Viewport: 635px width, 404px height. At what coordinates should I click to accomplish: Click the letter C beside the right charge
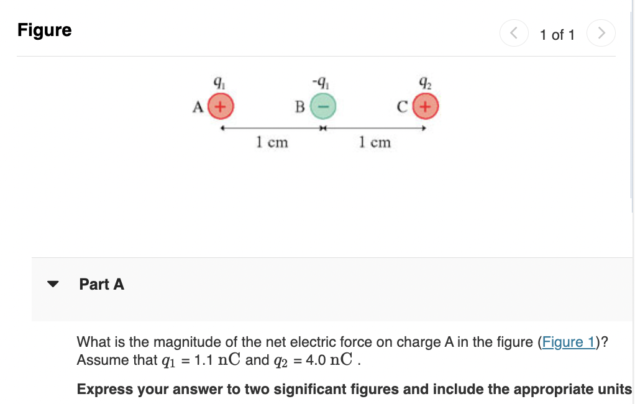coord(403,107)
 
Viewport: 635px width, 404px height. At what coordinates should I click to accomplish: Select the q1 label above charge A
coord(218,81)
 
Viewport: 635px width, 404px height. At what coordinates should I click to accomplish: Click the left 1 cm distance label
coord(272,142)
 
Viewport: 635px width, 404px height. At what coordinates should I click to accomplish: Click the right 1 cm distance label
coord(375,142)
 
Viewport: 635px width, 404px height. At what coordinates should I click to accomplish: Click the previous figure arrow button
coord(514,33)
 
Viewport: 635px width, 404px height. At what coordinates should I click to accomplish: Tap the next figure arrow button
coord(601,33)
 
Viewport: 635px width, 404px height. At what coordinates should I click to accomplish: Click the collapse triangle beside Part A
coord(53,285)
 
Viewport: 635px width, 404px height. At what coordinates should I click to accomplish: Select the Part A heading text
coord(102,284)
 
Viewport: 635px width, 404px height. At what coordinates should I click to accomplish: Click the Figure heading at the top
coord(45,30)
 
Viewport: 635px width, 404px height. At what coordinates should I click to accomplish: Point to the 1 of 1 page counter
coord(557,35)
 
